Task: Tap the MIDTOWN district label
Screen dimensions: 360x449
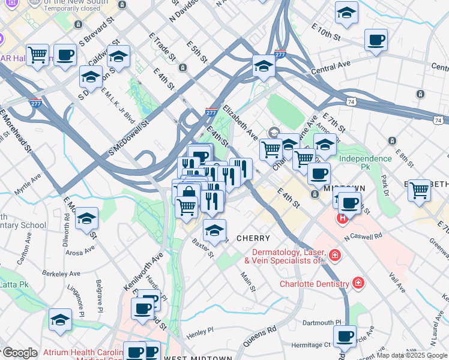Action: (x=340, y=188)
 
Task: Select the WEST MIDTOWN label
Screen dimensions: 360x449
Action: (x=198, y=358)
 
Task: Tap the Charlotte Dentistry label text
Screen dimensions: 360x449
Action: (x=315, y=284)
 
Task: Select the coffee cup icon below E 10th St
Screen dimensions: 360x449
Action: (x=376, y=40)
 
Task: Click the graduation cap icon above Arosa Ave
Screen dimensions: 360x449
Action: (x=87, y=220)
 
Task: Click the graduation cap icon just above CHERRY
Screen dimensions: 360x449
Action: (x=214, y=230)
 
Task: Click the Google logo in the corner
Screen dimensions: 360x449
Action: (x=20, y=353)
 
